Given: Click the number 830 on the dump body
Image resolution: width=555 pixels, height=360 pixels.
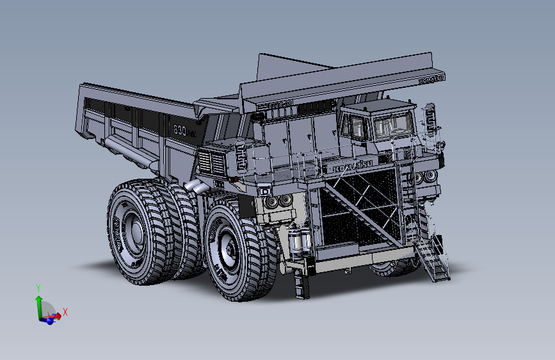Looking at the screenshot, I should [x=184, y=130].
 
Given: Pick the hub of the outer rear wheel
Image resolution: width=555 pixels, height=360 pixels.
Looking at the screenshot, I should [x=132, y=227].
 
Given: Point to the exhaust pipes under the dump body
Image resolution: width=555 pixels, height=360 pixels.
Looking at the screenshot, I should [x=196, y=188].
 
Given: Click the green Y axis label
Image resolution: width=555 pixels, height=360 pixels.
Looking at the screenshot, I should [x=38, y=288].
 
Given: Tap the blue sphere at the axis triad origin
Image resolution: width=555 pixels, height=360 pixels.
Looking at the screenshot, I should [x=49, y=320].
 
